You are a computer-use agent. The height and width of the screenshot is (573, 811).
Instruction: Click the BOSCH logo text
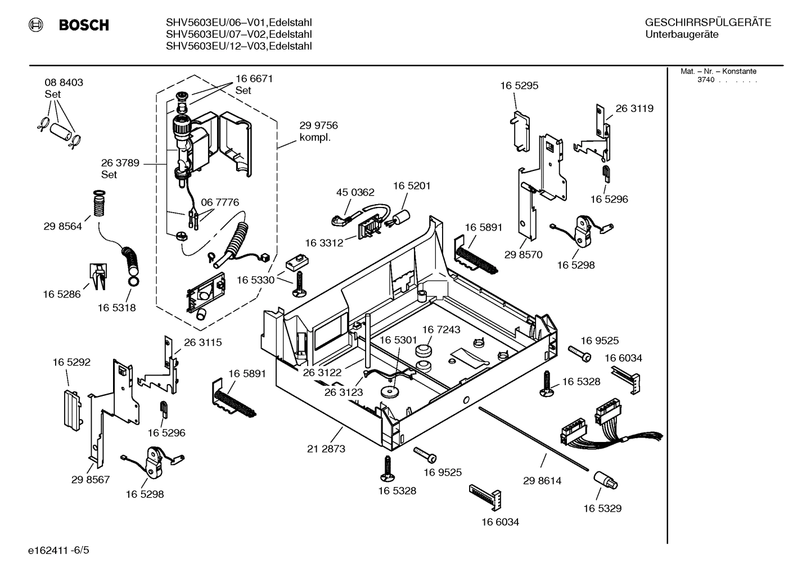[83, 25]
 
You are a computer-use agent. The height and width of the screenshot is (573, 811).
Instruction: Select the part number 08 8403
[64, 83]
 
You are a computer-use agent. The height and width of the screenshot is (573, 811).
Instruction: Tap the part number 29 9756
[318, 125]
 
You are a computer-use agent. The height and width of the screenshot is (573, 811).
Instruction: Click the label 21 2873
[326, 449]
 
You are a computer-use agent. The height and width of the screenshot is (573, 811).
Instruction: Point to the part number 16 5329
[602, 508]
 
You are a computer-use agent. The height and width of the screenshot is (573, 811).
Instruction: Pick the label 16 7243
[441, 330]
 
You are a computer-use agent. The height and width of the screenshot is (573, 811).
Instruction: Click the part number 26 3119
[634, 109]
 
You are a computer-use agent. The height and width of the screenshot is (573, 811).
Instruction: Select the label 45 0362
[355, 192]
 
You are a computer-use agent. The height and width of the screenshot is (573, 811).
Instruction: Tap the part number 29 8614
[542, 481]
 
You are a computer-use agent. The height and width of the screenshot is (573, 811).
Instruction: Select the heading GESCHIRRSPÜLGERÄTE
[708, 22]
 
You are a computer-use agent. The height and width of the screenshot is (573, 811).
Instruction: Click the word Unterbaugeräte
[682, 34]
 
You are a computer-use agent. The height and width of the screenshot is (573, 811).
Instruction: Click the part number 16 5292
[71, 363]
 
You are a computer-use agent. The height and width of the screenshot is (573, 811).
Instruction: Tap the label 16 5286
[62, 294]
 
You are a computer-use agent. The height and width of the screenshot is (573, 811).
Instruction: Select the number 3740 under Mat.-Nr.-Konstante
[705, 80]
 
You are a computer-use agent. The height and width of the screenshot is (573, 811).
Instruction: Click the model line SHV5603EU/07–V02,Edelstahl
[238, 34]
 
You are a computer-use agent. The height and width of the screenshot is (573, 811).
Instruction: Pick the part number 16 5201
[412, 186]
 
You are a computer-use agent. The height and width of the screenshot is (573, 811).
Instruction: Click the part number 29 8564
[62, 227]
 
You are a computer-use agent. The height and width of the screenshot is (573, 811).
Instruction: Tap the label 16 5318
[116, 308]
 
